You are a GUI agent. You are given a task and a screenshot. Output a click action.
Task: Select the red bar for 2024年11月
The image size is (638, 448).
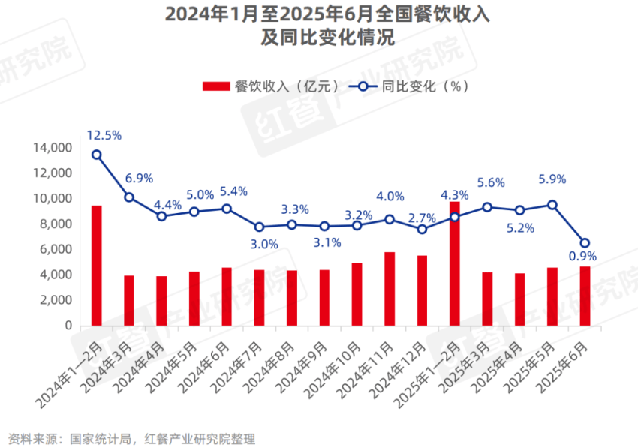tap(389, 289)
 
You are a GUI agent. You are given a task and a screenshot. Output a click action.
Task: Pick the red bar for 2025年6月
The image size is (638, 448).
tap(585, 296)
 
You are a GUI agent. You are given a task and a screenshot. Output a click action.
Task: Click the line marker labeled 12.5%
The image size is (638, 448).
tap(96, 155)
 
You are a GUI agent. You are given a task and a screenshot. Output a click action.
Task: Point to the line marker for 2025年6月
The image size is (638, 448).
tap(585, 243)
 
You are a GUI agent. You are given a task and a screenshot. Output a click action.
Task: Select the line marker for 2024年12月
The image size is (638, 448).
tap(422, 229)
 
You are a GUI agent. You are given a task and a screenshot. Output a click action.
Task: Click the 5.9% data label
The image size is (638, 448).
tap(552, 179)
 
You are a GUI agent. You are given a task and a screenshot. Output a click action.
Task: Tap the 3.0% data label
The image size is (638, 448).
tap(264, 243)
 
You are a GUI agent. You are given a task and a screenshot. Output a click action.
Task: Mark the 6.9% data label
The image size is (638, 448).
tap(139, 178)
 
